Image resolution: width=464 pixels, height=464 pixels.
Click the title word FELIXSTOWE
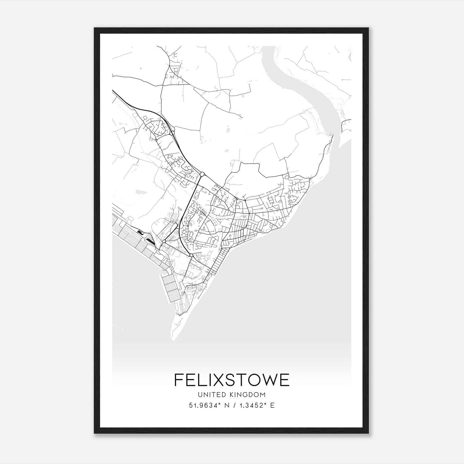[x=232, y=380]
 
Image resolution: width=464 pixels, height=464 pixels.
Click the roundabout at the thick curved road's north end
[x=202, y=174]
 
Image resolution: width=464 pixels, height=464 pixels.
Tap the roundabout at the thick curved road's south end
[x=191, y=255]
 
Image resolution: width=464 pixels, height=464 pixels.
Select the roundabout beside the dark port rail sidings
[x=164, y=241]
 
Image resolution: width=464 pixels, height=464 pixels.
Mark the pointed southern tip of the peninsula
[x=173, y=339]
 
